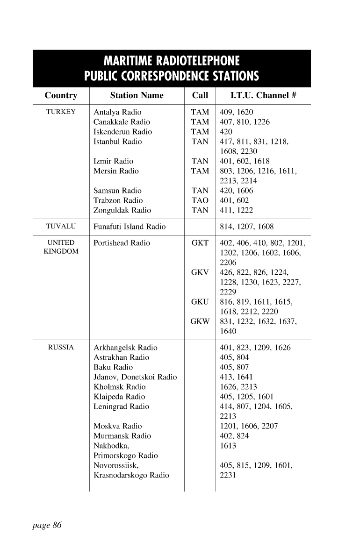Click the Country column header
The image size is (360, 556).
tap(61, 95)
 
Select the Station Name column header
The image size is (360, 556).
tap(137, 95)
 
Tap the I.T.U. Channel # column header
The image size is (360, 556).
tap(263, 95)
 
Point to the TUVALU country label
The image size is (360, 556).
tap(61, 227)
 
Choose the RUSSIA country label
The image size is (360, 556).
tap(61, 348)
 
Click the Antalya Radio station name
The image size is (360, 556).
tap(117, 112)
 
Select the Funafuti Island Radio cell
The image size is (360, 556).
tap(130, 227)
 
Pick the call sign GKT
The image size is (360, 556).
tap(200, 243)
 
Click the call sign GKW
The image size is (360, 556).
tap(200, 321)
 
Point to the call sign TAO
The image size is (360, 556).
tap(200, 200)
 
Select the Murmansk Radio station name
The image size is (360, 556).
tap(122, 436)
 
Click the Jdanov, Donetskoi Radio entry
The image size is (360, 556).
tap(135, 377)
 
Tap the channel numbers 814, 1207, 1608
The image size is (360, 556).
tap(246, 227)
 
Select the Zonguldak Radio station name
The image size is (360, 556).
tap(122, 210)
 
